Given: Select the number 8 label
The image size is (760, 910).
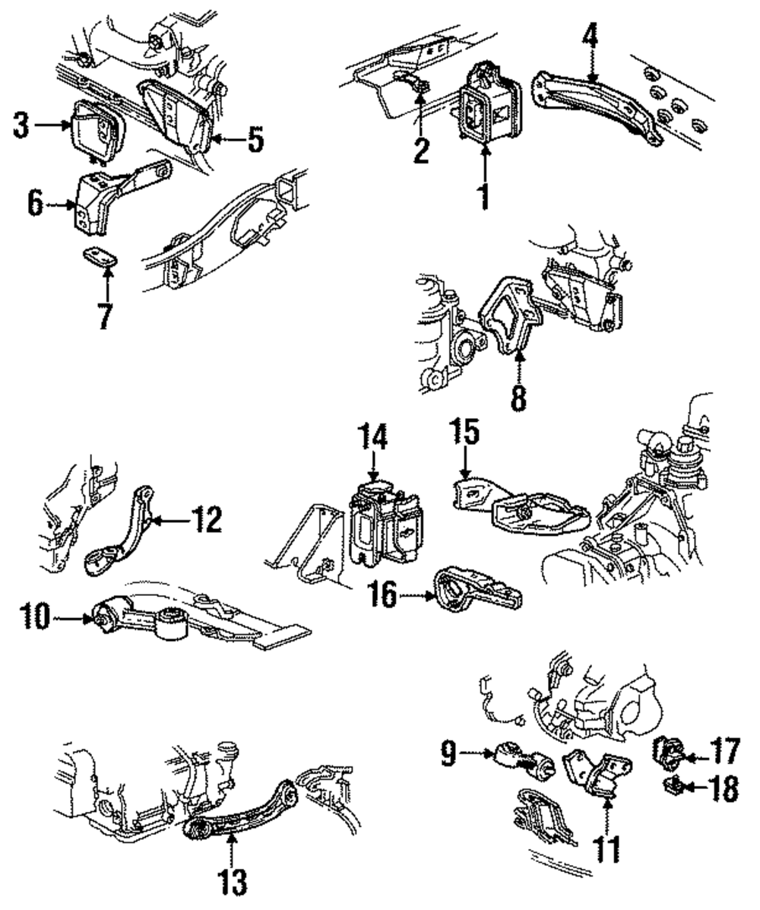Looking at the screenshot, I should [x=518, y=397].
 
